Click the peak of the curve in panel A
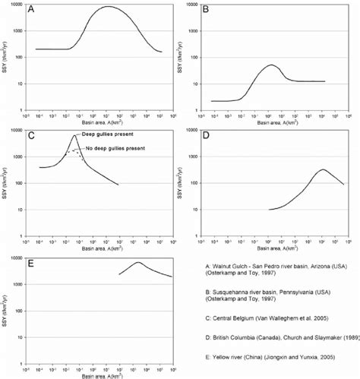click(x=108, y=7)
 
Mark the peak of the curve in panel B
click(x=271, y=65)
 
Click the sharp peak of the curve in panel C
click(x=74, y=135)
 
